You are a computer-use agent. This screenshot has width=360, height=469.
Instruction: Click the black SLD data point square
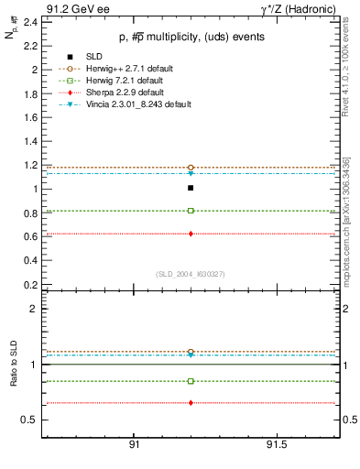click(x=191, y=188)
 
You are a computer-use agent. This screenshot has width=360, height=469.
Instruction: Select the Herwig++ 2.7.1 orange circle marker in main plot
click(x=191, y=168)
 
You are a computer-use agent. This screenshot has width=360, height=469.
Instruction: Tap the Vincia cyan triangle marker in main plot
click(x=191, y=173)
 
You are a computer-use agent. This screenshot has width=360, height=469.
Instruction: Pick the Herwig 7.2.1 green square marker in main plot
click(x=191, y=211)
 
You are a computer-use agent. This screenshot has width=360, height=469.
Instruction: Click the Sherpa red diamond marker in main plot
click(x=191, y=234)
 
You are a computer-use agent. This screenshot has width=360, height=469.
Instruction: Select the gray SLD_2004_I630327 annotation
click(x=190, y=272)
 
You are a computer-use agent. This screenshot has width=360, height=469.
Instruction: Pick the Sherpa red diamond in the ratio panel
click(x=191, y=403)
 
